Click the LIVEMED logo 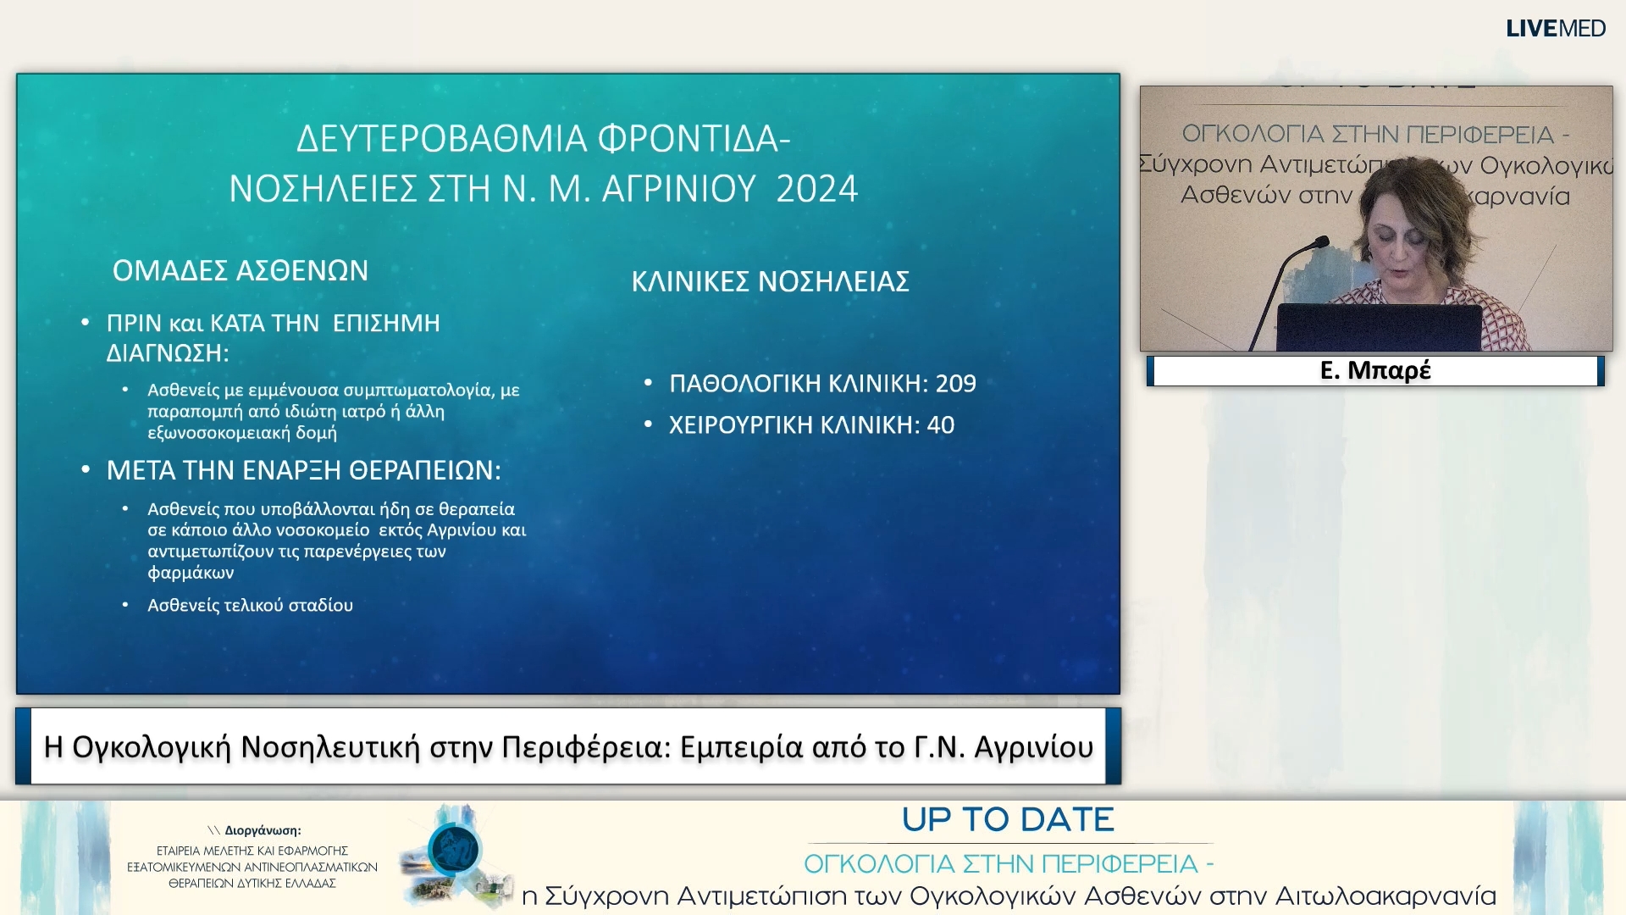1555,29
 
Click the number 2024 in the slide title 816,189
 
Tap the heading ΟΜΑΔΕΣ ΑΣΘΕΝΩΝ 241,271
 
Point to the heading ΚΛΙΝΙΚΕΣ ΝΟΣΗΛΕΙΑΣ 770,281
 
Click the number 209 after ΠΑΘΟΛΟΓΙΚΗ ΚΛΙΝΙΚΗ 955,384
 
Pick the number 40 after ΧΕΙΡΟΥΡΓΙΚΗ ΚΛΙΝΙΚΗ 940,425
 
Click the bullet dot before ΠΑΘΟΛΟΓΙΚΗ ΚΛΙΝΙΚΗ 649,383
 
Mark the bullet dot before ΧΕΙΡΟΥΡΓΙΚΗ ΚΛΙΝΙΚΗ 649,424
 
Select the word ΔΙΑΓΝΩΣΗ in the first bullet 168,353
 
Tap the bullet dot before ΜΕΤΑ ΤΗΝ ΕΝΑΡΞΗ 86,469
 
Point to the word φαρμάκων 191,573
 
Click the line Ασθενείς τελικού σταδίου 250,606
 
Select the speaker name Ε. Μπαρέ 1375,370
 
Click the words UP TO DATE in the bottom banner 1008,820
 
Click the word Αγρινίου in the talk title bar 1034,747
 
